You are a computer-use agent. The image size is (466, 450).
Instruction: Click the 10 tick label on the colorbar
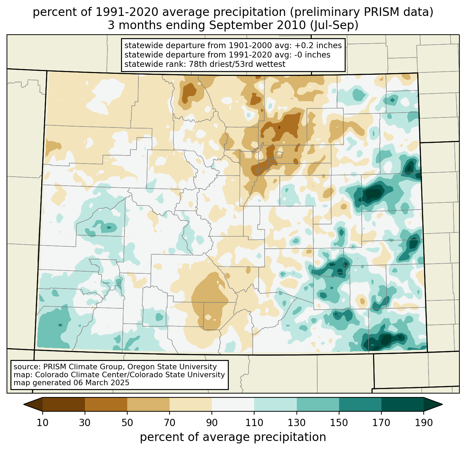(x=43, y=423)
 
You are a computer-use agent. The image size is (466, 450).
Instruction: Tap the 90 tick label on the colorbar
(x=212, y=423)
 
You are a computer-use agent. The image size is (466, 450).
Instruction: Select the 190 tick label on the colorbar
(x=423, y=423)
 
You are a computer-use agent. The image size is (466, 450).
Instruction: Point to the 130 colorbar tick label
(x=297, y=423)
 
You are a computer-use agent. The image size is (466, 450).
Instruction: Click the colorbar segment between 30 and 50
(x=106, y=404)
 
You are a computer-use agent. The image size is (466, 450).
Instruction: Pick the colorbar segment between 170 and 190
(x=402, y=404)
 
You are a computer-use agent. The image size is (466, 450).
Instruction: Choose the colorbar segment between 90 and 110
(x=233, y=404)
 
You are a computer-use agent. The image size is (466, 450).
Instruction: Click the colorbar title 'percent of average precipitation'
(x=233, y=437)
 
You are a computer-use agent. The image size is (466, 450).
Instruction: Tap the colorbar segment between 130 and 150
(x=318, y=404)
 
